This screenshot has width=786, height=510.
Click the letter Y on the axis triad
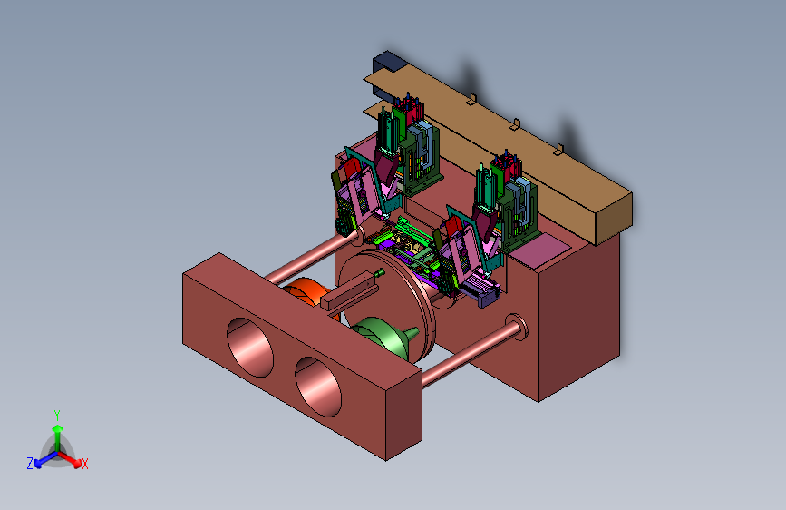[x=57, y=416]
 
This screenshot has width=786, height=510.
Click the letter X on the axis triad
[x=84, y=465]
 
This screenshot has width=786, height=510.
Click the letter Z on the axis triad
[x=30, y=464]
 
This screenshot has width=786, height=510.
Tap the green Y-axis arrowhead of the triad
[x=58, y=428]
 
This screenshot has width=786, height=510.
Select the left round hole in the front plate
[x=249, y=347]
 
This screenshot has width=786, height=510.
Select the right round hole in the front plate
[x=318, y=387]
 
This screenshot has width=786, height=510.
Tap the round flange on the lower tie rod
[x=517, y=328]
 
